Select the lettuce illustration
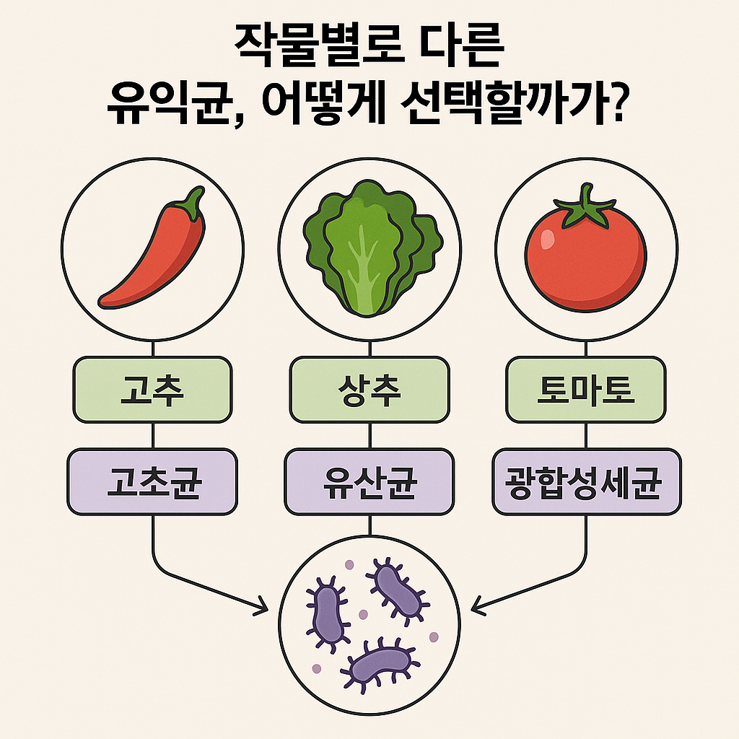pos(369,249)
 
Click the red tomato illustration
pos(585,256)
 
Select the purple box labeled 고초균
pos(152,482)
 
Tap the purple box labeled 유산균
pos(369,482)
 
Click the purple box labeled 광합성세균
pos(585,482)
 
